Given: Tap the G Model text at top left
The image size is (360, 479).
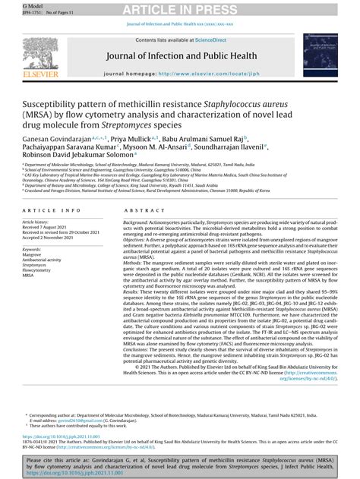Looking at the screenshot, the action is tap(13, 5).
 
